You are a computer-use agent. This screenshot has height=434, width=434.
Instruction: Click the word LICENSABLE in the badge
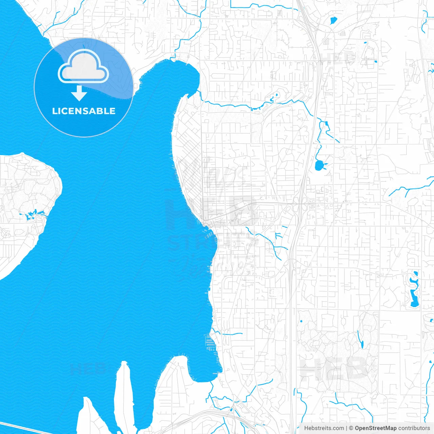tap(84, 111)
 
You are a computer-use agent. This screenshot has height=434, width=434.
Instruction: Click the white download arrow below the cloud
tap(79, 94)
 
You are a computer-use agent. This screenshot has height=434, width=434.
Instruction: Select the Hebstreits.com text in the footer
tap(324, 428)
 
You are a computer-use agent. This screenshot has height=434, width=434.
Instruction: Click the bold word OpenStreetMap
tap(375, 428)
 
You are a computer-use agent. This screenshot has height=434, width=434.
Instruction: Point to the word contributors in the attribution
tap(414, 428)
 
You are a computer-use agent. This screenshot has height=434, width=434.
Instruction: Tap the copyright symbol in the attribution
tap(351, 428)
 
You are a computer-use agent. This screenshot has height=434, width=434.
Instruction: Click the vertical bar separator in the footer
tap(347, 428)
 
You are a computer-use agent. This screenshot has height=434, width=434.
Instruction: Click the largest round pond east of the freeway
tap(319, 165)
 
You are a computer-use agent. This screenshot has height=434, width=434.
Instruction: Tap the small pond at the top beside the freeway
tap(333, 20)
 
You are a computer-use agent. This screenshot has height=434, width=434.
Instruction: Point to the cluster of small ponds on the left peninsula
tap(32, 214)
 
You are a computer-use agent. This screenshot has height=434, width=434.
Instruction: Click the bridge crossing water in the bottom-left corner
tap(24, 428)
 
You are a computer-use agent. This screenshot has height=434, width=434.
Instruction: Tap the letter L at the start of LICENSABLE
tap(54, 111)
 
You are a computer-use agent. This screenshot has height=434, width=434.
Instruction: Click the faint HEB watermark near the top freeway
tap(339, 58)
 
